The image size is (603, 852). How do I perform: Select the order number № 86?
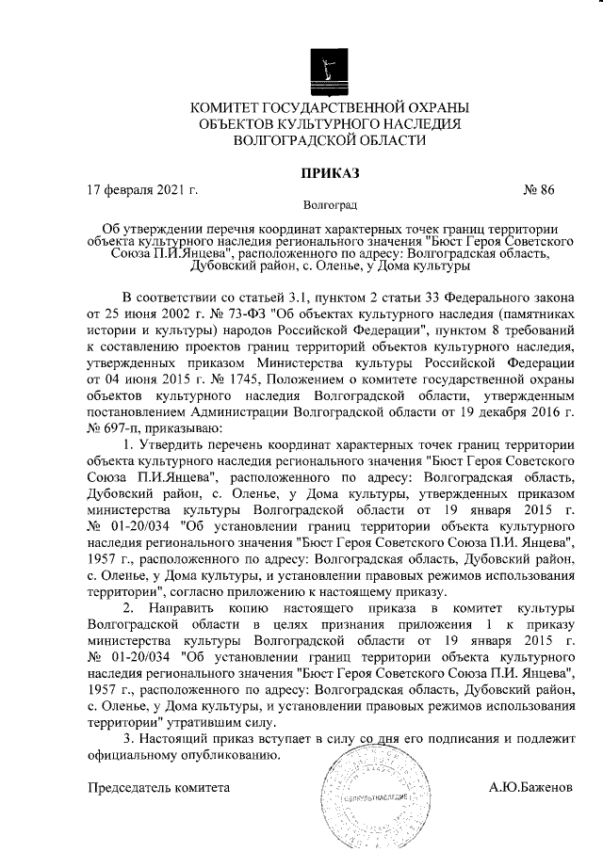coord(538,188)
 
